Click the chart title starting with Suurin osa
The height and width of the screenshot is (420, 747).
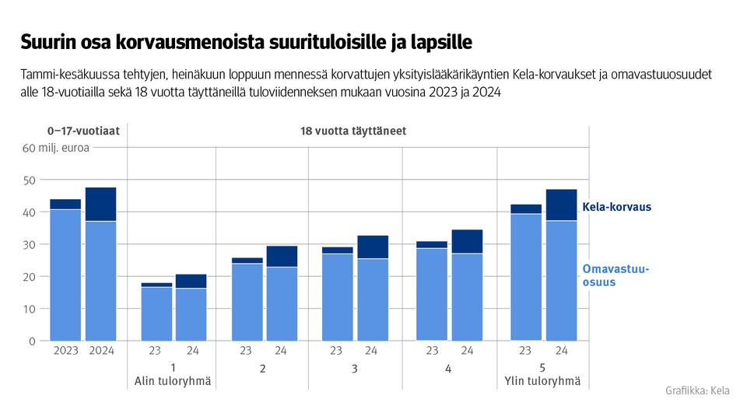246,40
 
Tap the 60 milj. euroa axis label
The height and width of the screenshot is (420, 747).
56,148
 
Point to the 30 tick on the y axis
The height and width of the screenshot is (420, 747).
30,244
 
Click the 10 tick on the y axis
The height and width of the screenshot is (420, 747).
30,309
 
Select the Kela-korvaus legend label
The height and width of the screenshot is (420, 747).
616,208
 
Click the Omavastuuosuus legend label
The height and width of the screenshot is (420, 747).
615,276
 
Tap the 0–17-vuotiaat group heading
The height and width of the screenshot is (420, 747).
83,131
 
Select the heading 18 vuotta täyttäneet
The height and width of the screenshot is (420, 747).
353,131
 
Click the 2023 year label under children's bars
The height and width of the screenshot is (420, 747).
66,351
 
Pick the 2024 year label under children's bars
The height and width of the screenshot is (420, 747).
101,351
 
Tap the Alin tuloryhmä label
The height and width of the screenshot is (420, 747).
173,381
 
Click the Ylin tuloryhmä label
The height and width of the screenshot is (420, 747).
542,381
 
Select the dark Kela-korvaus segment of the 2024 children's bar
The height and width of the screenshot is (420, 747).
101,205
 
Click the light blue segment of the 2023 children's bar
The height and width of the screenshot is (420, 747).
66,275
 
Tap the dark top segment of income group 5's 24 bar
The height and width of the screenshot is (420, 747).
561,205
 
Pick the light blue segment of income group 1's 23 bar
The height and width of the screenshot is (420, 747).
156,313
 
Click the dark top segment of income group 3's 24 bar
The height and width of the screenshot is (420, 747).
373,247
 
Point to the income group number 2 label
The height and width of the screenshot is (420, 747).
262,368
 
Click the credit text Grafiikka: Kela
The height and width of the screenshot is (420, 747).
697,390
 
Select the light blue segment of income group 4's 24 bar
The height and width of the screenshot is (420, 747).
467,297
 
